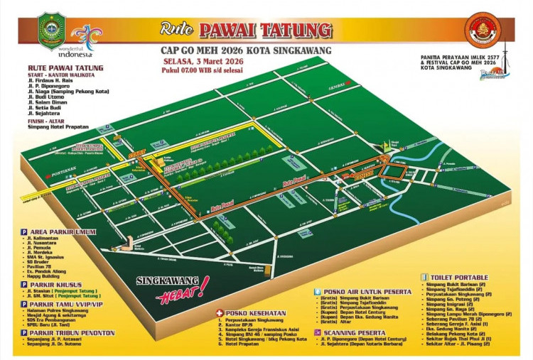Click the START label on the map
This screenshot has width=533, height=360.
click(137, 153)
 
